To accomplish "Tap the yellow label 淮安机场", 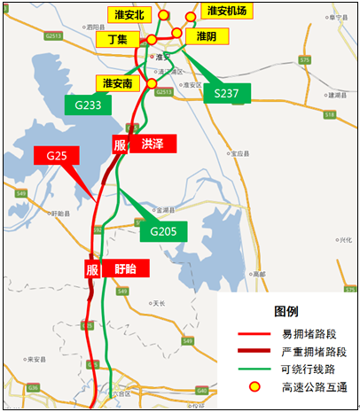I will click(x=226, y=11).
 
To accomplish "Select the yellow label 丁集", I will click(x=117, y=40).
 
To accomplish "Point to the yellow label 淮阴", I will click(x=206, y=36).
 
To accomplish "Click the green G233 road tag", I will click(x=89, y=104).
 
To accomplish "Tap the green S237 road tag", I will click(x=226, y=92).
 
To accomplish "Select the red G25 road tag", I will click(x=57, y=156).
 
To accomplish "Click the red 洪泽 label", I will click(x=152, y=144).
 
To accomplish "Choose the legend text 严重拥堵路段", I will click(x=316, y=352).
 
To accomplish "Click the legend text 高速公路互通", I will click(x=316, y=386).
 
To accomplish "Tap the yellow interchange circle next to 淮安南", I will click(x=152, y=83).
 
